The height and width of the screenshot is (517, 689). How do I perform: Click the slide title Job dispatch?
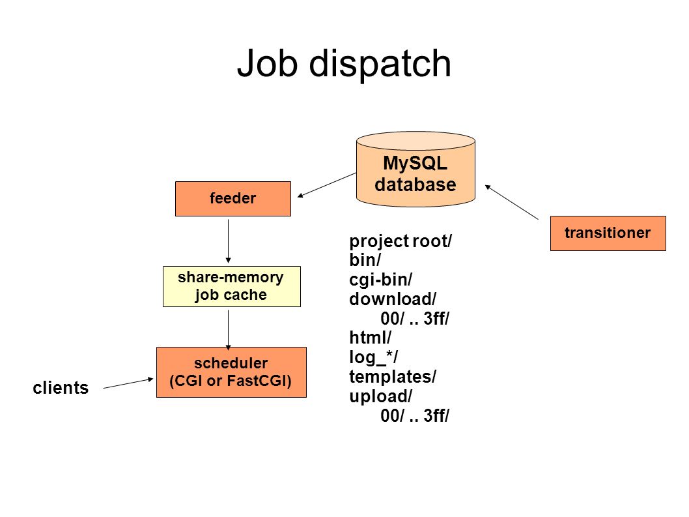tap(344, 65)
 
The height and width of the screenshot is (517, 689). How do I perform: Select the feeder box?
tap(233, 198)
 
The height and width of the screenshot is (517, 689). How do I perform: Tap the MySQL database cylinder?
tap(415, 170)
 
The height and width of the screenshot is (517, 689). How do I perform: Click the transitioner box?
tap(608, 233)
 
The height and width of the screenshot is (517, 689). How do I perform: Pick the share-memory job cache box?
tap(232, 286)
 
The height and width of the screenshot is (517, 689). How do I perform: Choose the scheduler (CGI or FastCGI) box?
tap(231, 372)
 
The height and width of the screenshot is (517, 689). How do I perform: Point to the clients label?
tap(61, 388)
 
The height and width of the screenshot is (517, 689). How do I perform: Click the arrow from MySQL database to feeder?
tap(327, 185)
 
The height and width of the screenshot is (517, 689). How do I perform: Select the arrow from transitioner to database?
tap(511, 202)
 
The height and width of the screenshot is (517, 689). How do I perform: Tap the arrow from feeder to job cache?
tap(228, 241)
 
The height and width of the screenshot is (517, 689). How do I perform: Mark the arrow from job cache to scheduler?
tap(228, 331)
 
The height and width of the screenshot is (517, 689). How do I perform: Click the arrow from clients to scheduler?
tap(128, 383)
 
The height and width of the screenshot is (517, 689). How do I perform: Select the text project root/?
tap(401, 241)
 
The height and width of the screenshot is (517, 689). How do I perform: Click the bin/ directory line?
tap(365, 260)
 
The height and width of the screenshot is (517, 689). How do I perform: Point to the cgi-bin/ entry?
tap(380, 280)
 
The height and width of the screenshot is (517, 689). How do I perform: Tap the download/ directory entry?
tap(393, 299)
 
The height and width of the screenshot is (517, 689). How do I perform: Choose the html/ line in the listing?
tap(370, 338)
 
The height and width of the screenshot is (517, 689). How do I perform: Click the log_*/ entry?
tap(374, 357)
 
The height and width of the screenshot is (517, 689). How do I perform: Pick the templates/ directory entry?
tap(393, 377)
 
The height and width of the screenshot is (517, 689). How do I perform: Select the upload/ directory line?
tap(380, 396)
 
